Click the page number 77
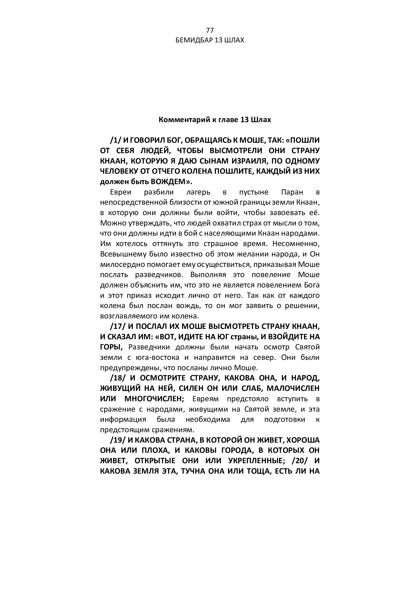point(210,30)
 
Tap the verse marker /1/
point(116,140)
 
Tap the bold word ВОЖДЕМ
point(170,182)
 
